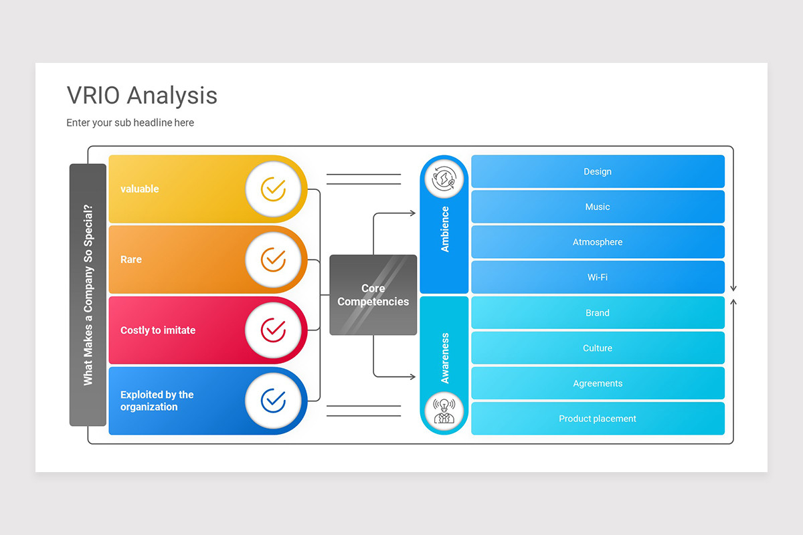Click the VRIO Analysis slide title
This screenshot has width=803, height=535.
142,95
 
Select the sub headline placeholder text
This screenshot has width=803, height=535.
130,123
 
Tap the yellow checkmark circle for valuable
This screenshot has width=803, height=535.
272,189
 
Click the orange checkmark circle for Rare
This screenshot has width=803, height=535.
272,259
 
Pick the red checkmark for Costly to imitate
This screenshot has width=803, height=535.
272,330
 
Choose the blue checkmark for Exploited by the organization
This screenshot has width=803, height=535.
272,401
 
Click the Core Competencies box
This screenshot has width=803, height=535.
373,295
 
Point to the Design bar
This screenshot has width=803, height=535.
598,172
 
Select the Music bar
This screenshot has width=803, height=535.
598,207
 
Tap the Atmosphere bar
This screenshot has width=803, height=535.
598,242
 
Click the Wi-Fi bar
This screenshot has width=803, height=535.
598,278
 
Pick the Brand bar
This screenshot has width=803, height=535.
598,313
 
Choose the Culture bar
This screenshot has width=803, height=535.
598,348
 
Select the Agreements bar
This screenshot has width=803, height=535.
598,384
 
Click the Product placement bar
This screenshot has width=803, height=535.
598,419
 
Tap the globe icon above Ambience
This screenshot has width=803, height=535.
444,181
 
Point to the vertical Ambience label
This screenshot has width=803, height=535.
445,229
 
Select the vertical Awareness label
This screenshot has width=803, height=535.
445,358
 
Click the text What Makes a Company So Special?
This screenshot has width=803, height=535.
88,295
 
